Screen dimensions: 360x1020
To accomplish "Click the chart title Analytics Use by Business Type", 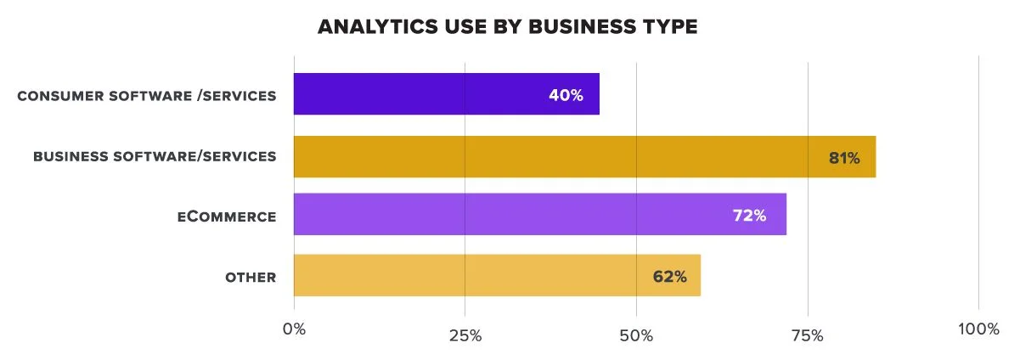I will (507, 27).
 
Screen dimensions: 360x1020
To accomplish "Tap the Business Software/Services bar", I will (552, 157).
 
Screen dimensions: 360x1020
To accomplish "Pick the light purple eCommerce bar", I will (510, 215).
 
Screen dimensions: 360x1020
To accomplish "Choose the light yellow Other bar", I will (467, 275).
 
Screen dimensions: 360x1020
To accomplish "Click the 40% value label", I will (566, 95).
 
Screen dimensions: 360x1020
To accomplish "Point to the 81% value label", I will (844, 158).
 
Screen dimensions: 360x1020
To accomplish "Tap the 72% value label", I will (749, 216).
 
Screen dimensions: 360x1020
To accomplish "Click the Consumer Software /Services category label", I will (147, 95).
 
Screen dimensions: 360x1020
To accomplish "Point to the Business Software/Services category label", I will (155, 156).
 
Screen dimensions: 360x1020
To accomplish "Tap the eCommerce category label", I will (227, 217).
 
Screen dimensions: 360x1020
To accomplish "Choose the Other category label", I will (251, 277).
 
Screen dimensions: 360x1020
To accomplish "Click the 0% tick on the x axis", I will (294, 329).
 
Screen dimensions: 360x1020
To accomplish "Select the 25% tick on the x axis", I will (465, 335).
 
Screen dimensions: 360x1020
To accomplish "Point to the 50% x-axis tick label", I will (636, 335).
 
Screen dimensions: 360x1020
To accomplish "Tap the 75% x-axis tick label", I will (807, 335).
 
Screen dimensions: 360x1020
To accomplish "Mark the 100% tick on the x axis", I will (978, 329).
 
